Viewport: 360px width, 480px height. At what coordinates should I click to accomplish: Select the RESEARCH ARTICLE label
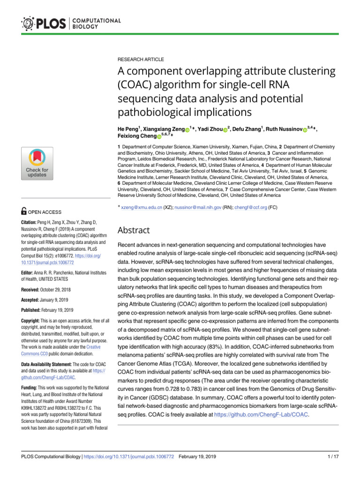tap(141, 60)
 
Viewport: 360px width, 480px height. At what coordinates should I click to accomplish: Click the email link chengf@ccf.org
tap(250, 207)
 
